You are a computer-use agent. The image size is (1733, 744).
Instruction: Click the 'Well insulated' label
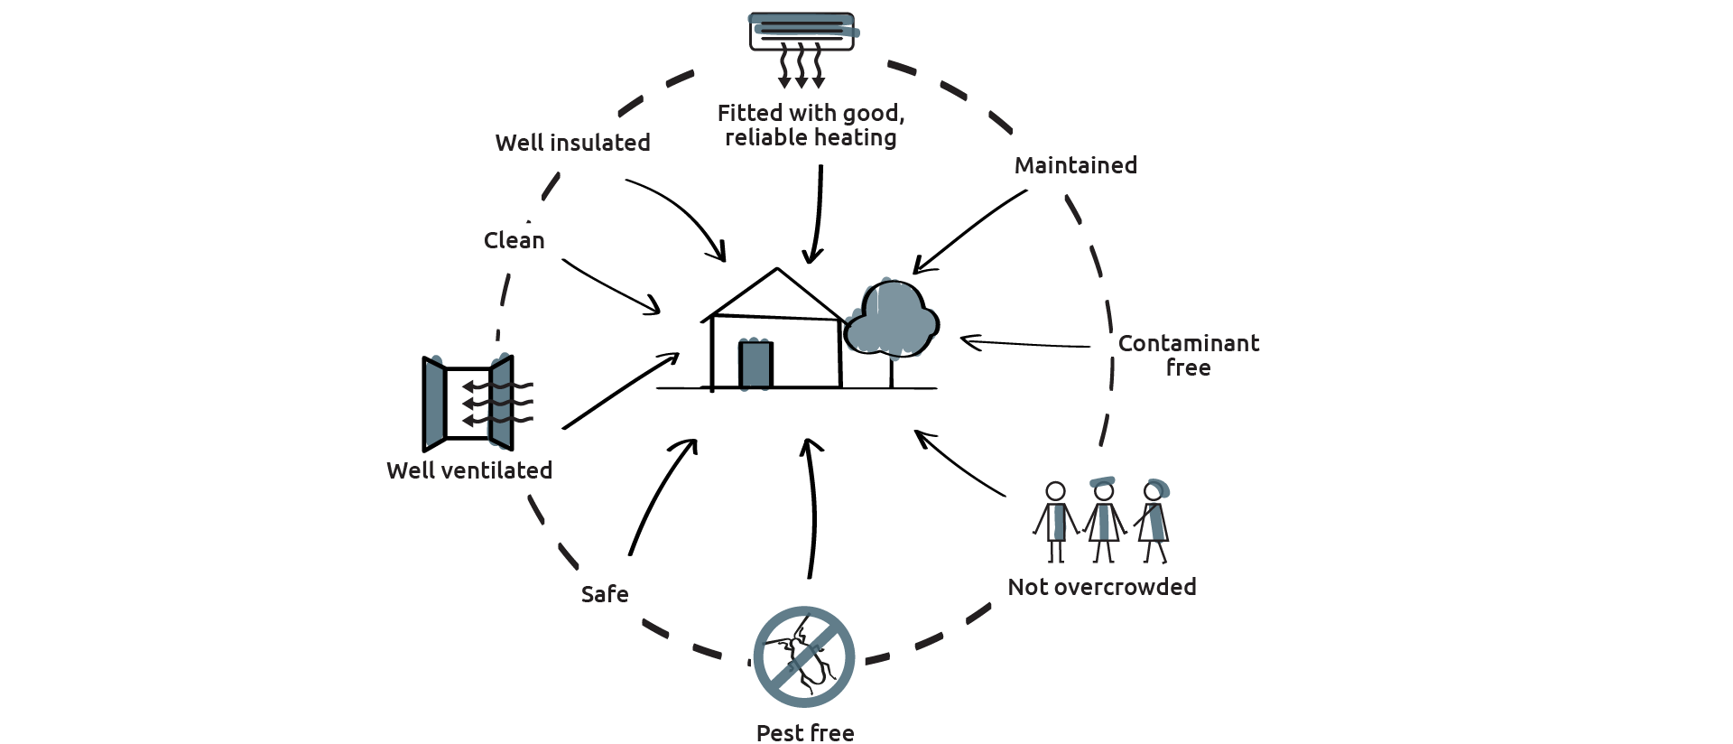coord(572,143)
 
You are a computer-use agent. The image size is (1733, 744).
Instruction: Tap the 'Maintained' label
coord(1075,165)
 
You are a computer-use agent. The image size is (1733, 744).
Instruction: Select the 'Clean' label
coord(514,240)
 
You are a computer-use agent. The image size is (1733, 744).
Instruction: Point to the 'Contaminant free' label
coord(1188,355)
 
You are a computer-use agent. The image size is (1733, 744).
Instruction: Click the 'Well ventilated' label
coord(469,470)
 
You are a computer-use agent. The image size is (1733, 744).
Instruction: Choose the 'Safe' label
coord(605,594)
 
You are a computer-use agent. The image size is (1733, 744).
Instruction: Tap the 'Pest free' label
coord(805,732)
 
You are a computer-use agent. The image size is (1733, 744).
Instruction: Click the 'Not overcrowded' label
coord(1102,587)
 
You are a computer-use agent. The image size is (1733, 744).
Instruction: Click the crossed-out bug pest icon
coord(803,656)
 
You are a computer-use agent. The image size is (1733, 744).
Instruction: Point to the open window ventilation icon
coord(468,403)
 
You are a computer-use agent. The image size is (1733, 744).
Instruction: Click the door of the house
coord(755,365)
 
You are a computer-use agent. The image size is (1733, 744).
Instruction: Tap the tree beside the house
coord(892,321)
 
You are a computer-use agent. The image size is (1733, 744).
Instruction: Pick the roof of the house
coord(776,293)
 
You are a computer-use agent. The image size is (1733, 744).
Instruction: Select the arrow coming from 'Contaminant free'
coord(1024,343)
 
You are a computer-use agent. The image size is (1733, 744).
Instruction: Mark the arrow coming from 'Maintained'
coord(969,228)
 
